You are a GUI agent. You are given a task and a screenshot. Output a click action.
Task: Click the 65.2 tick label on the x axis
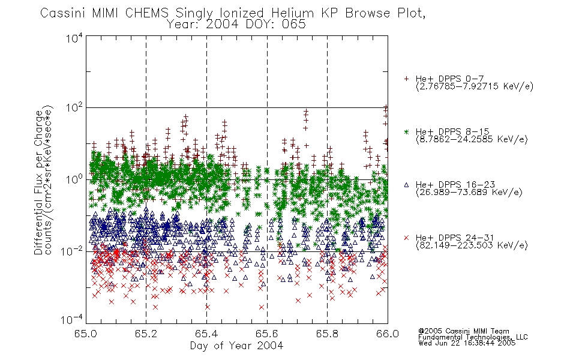pos(146,334)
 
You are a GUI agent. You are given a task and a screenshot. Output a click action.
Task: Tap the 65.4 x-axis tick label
pos(206,334)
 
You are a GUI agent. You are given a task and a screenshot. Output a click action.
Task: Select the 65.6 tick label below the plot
pos(267,334)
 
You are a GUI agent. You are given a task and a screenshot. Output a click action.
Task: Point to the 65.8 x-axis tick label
pos(327,334)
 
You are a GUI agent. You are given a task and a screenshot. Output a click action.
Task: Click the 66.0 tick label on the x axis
pos(388,334)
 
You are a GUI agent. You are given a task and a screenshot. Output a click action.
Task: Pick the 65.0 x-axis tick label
pos(85,334)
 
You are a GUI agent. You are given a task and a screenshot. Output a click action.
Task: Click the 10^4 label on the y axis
pos(74,38)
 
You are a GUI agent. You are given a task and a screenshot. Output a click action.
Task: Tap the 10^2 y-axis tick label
pos(74,108)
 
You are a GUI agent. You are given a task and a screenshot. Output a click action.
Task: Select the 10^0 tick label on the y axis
pos(74,179)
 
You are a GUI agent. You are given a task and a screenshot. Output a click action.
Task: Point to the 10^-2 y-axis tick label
pos(72,251)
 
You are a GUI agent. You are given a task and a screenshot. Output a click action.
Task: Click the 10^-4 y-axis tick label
pos(72,319)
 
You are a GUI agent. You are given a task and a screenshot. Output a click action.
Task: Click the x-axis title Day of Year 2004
pos(236,346)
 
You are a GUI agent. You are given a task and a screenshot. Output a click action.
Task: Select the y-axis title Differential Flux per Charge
pos(38,182)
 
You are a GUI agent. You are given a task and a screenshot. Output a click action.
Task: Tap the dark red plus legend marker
pos(406,79)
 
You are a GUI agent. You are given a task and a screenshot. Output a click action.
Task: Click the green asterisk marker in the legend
pos(406,131)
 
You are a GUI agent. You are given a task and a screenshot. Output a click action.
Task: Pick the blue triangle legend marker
pos(406,185)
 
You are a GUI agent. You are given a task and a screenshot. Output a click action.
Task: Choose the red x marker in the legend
pos(406,238)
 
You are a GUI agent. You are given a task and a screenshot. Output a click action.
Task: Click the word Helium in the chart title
pos(292,13)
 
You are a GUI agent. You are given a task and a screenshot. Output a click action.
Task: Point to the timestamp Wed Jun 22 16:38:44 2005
pos(467,343)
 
